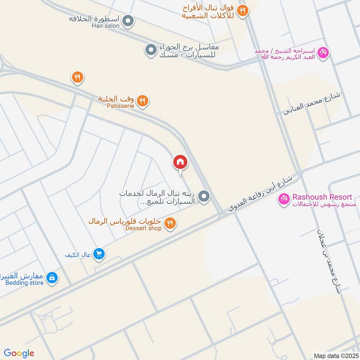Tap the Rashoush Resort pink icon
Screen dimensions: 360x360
284,199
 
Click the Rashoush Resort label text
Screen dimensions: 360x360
322,197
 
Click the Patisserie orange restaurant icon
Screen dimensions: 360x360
143,101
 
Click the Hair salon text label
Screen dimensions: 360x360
105,26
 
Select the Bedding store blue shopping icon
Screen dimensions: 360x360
52,278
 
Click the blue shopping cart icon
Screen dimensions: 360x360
100,255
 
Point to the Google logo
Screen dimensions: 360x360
19,353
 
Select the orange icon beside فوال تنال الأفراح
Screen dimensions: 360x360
243,11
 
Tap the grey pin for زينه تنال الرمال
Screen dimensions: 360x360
204,196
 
